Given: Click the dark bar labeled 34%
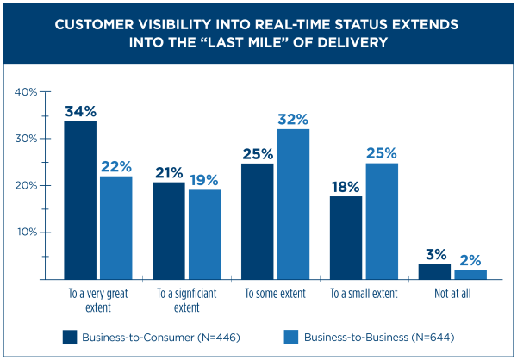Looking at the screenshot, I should pyautogui.click(x=79, y=200).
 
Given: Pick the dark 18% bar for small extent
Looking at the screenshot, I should pyautogui.click(x=346, y=238).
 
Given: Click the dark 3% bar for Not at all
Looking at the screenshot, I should pyautogui.click(x=434, y=271).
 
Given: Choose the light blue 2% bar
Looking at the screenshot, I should pyautogui.click(x=470, y=275).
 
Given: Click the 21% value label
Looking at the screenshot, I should pyautogui.click(x=168, y=171).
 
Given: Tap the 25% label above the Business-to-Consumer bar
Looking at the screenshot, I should pyautogui.click(x=256, y=153).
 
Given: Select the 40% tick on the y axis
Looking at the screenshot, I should pyautogui.click(x=26, y=91).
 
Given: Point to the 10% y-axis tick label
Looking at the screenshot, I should pyautogui.click(x=26, y=233).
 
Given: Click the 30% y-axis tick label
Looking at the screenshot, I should pyautogui.click(x=26, y=139).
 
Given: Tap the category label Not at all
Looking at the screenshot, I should pyautogui.click(x=452, y=295).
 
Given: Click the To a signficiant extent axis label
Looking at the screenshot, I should pyautogui.click(x=186, y=300).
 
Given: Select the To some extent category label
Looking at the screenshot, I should pyautogui.click(x=275, y=295).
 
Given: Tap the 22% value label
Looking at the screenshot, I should pyautogui.click(x=115, y=165).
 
